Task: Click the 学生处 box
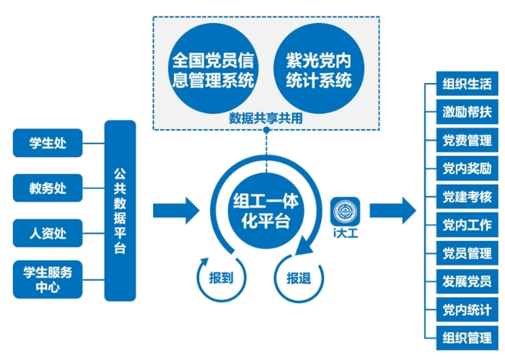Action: pyautogui.click(x=48, y=143)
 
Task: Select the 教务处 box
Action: pyautogui.click(x=48, y=188)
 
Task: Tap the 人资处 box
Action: pyautogui.click(x=48, y=234)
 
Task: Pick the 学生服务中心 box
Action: pyautogui.click(x=48, y=280)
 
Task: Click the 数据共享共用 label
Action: pyautogui.click(x=265, y=118)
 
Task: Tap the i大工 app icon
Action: pyautogui.click(x=345, y=211)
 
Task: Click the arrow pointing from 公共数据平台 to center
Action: pyautogui.click(x=175, y=211)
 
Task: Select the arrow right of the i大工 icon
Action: pyautogui.click(x=392, y=211)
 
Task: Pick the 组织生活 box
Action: pyautogui.click(x=467, y=84)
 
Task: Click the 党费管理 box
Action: pyautogui.click(x=467, y=140)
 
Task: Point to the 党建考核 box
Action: pyautogui.click(x=467, y=196)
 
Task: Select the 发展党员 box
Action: pyautogui.click(x=467, y=281)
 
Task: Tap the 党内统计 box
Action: pyautogui.click(x=467, y=309)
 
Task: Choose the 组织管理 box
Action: pyautogui.click(x=467, y=338)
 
